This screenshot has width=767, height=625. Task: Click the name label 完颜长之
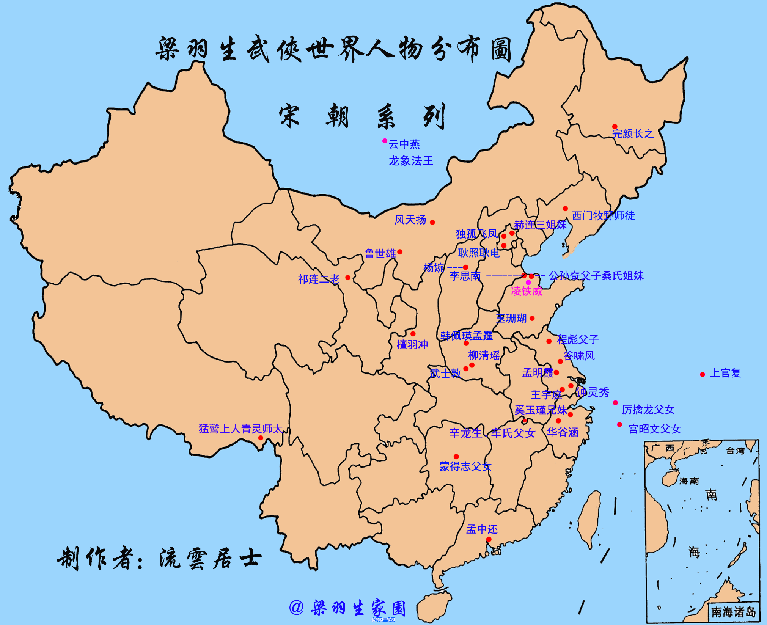(x=633, y=133)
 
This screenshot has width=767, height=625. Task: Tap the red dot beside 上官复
(x=702, y=374)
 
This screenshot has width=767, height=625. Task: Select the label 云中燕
(x=404, y=144)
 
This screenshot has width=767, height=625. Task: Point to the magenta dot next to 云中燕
(x=385, y=141)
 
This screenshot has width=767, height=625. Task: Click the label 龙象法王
(x=411, y=161)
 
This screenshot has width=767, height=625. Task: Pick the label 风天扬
(x=410, y=220)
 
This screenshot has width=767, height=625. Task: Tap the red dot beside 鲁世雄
(x=400, y=252)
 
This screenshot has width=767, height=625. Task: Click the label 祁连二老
(x=319, y=279)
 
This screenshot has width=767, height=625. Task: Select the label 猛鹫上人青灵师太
(x=241, y=429)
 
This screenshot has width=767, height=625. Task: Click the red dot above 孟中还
(x=489, y=539)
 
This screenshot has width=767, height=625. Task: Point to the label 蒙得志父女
(x=465, y=466)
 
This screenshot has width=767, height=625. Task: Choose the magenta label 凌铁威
(x=527, y=291)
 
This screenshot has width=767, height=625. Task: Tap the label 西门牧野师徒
(x=603, y=216)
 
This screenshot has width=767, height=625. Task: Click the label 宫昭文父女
(x=654, y=429)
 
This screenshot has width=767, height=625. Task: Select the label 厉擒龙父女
(x=648, y=410)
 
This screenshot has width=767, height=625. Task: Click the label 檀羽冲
(x=412, y=345)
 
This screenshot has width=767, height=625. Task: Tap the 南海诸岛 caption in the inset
(x=733, y=612)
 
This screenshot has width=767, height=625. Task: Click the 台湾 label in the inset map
(x=735, y=451)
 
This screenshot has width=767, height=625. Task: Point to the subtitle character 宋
(x=289, y=116)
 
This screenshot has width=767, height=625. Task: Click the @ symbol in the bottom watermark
(x=296, y=608)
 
